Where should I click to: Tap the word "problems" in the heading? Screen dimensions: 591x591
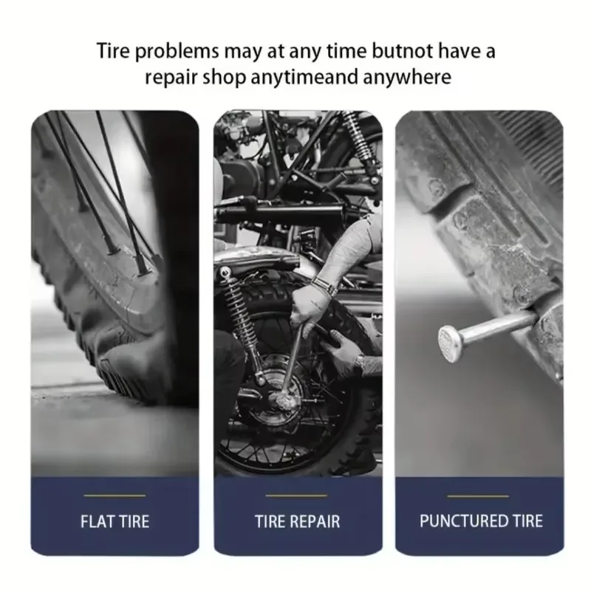[177, 52]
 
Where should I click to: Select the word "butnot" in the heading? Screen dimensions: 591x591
[402, 51]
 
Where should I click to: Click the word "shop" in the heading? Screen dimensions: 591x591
[224, 78]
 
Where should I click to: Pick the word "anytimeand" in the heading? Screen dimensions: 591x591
[304, 78]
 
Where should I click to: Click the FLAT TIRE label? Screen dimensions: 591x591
[115, 522]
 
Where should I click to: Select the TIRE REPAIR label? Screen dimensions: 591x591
[298, 522]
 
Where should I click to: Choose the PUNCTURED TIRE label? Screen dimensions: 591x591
[481, 521]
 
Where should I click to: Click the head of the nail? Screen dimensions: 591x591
[451, 343]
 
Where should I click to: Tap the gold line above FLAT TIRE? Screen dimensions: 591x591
[115, 496]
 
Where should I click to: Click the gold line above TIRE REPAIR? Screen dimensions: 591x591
[296, 496]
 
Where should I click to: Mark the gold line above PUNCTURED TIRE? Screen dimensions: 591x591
[478, 496]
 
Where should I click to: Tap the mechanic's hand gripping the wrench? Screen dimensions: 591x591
[306, 306]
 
